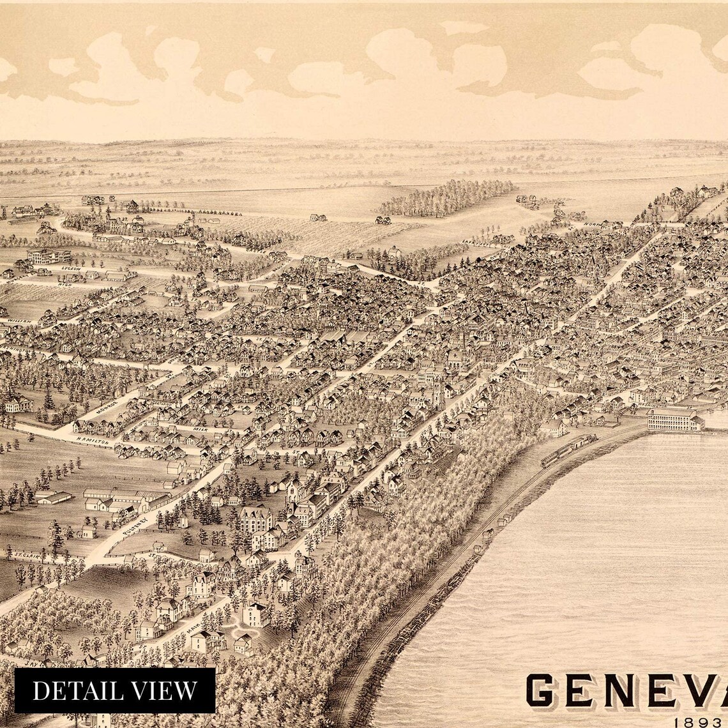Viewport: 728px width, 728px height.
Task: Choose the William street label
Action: pos(19,322)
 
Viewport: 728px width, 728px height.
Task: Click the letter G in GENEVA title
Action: pos(549,691)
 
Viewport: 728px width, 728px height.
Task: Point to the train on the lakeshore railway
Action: pos(568,450)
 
